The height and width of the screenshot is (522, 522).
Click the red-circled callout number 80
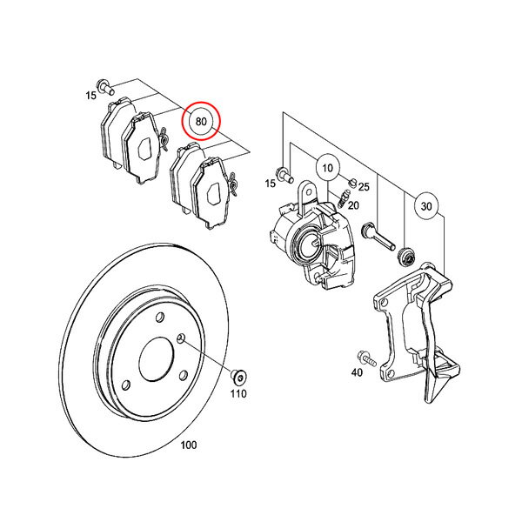point(201,122)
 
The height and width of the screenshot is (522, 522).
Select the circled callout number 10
point(328,167)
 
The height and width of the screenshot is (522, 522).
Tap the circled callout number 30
point(426,206)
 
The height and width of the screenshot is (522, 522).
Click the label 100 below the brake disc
point(189,445)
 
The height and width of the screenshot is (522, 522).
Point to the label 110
point(238,393)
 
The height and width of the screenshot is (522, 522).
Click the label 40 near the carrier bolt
point(357,372)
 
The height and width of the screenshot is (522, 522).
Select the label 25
point(364,187)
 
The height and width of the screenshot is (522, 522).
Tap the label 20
point(353,205)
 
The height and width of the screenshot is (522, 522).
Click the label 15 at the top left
point(90,96)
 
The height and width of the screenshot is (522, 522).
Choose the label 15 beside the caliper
point(271,183)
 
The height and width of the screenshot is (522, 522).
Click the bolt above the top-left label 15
point(105,86)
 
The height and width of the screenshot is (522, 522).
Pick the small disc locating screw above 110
point(238,378)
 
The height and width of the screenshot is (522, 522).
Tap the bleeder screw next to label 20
point(343,198)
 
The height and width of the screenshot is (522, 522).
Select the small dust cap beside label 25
point(353,182)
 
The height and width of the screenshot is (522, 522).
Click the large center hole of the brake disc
point(157,358)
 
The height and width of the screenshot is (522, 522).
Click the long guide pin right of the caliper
point(378,237)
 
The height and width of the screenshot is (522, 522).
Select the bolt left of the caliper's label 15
point(284,175)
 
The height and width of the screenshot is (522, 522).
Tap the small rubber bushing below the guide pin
point(406,257)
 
